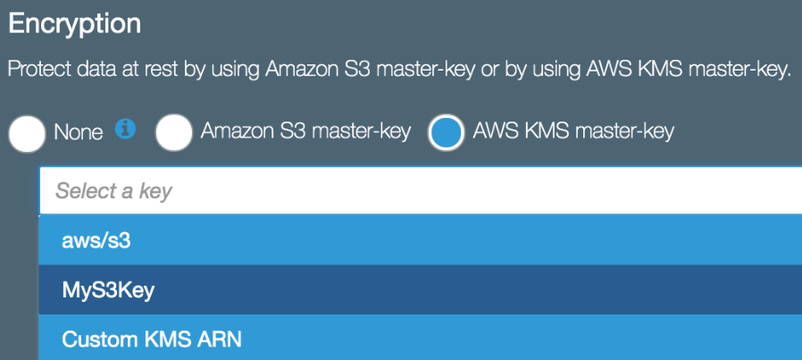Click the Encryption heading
click(x=75, y=24)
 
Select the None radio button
click(x=27, y=134)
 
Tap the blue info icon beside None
click(x=125, y=129)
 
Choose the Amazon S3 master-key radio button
click(x=174, y=132)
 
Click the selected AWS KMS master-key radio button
click(x=446, y=132)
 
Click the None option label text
click(x=79, y=133)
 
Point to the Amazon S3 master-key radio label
click(x=305, y=131)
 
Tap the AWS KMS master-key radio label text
click(x=573, y=131)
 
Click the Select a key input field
click(x=421, y=191)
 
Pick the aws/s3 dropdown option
click(x=421, y=240)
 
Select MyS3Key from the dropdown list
click(x=421, y=290)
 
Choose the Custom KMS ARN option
click(x=421, y=338)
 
